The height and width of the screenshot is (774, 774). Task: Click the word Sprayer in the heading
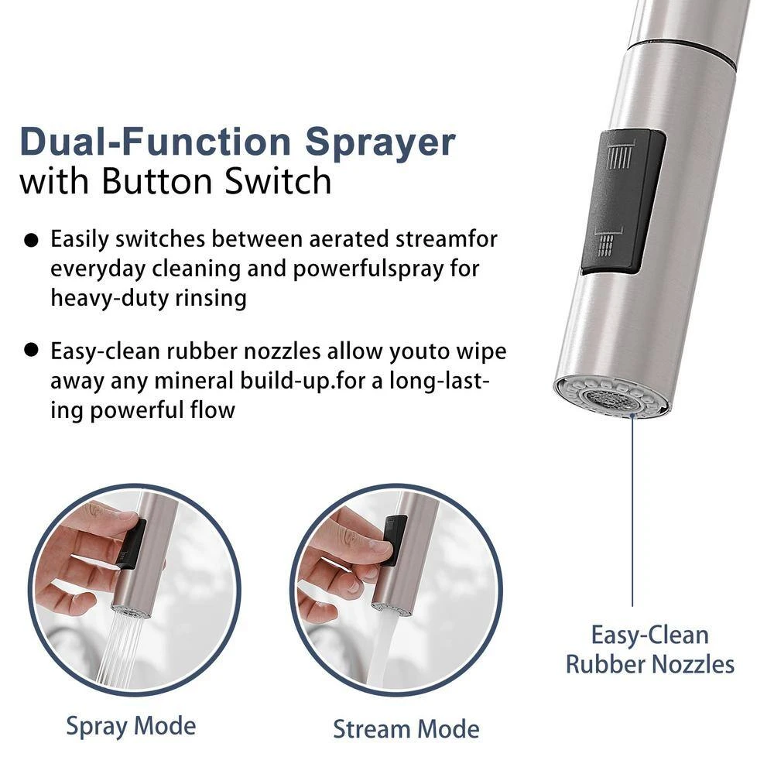tap(380, 143)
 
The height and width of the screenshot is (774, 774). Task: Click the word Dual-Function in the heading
tap(156, 142)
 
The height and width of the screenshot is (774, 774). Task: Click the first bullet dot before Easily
tap(31, 241)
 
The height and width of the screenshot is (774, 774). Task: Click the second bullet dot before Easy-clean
tap(31, 350)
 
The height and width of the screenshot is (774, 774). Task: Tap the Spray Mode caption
tap(131, 727)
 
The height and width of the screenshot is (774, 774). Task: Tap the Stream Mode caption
tap(406, 729)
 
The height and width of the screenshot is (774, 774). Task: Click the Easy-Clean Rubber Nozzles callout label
tap(650, 649)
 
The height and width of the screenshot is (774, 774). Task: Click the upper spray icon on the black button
tap(620, 155)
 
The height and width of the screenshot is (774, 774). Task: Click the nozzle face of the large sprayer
tap(612, 397)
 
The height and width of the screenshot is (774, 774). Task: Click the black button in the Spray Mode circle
tap(131, 544)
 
